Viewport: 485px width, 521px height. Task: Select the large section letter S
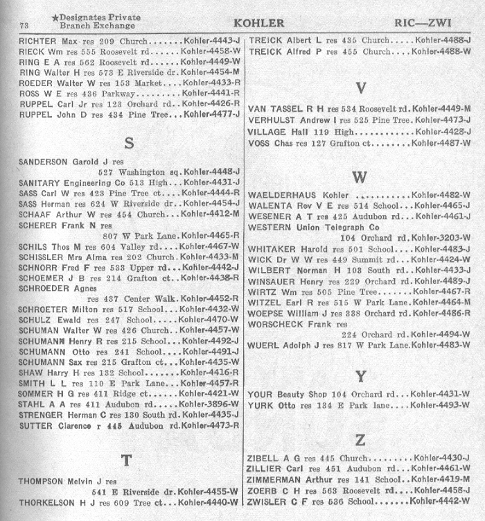click(128, 142)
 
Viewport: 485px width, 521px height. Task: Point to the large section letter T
click(126, 460)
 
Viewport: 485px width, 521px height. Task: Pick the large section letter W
click(359, 177)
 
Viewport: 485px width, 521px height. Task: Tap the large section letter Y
click(360, 377)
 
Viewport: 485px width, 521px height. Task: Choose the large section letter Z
click(360, 440)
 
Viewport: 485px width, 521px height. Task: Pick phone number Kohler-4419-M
click(441, 479)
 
